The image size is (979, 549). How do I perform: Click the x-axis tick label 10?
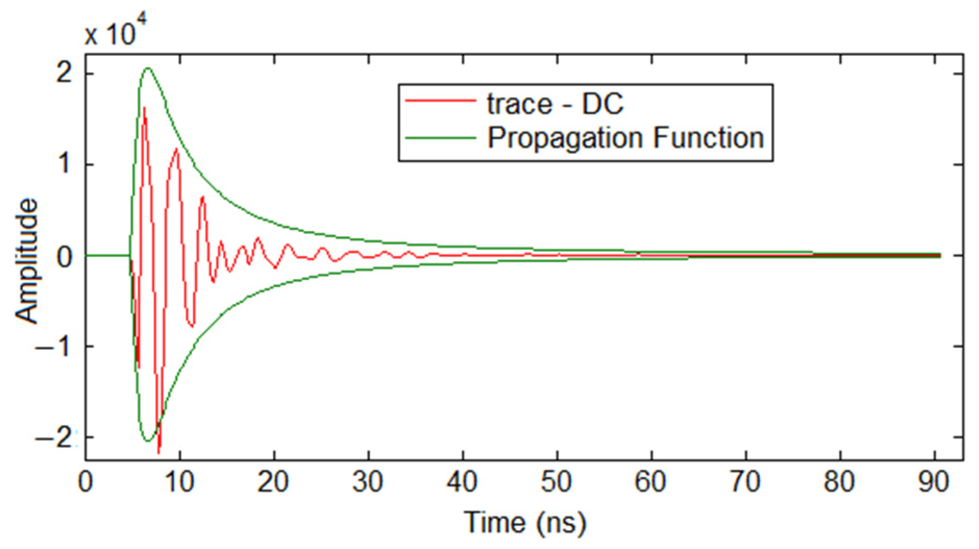[179, 482]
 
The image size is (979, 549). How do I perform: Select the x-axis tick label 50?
[556, 482]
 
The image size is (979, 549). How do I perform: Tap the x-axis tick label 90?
[933, 482]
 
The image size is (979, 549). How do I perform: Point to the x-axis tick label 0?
[85, 482]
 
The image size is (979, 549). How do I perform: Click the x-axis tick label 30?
[368, 482]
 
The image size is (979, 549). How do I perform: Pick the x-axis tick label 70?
[745, 482]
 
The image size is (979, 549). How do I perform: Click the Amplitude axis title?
[27, 261]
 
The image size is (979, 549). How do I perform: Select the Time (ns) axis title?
[525, 523]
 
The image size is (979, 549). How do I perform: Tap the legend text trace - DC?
[554, 104]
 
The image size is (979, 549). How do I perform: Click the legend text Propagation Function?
[625, 138]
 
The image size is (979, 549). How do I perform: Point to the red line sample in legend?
[440, 101]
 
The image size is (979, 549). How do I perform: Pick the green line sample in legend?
[440, 138]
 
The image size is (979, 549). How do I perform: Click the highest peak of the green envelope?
[148, 68]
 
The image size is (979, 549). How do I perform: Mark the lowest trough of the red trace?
[159, 452]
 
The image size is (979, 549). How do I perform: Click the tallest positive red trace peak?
[144, 108]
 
